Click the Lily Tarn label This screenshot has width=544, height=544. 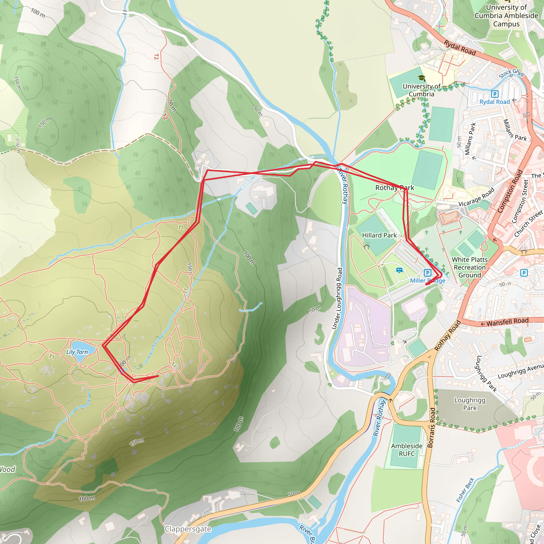77,352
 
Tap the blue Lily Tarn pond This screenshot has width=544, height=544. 80,346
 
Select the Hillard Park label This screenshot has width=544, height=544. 379,235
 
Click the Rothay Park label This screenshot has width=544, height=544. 394,188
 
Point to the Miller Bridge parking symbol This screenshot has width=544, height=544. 427,273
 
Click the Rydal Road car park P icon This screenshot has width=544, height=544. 494,94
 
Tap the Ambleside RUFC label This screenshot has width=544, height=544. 407,450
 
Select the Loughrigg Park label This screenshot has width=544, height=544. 470,404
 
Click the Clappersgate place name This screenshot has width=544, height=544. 188,529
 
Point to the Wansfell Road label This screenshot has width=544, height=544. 507,322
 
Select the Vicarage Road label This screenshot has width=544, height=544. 476,197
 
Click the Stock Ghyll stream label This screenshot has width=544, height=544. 511,73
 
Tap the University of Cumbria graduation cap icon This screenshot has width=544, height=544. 422,78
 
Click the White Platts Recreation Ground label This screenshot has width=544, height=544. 470,267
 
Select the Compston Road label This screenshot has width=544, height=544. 510,191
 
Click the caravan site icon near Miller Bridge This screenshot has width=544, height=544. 399,271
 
